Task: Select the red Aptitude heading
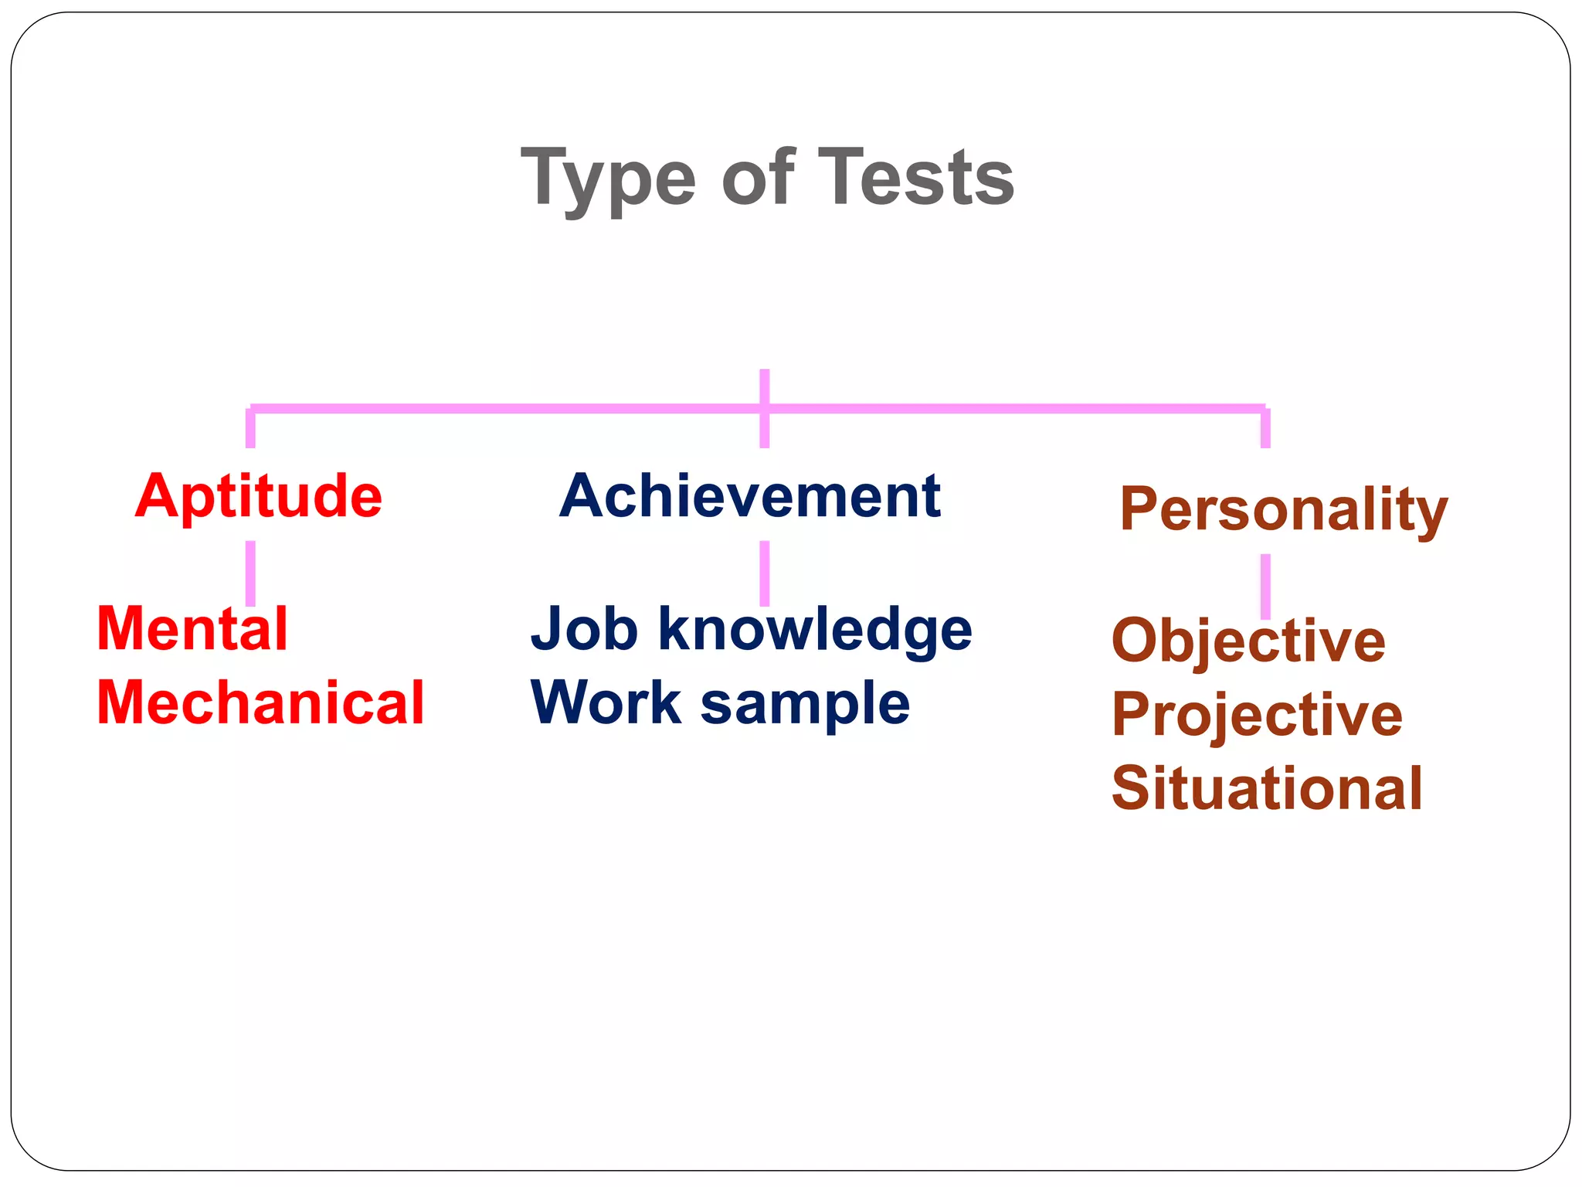(x=259, y=496)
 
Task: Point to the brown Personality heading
(x=1283, y=509)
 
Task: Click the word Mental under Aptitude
(x=192, y=629)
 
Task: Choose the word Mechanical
(x=260, y=702)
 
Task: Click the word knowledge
(x=815, y=629)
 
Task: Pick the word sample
(x=805, y=704)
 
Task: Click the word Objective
(x=1248, y=641)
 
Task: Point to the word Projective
(x=1257, y=715)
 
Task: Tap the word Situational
(x=1267, y=788)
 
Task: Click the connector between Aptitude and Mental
(x=250, y=573)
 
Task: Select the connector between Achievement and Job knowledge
(x=765, y=573)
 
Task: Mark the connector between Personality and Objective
(x=1265, y=586)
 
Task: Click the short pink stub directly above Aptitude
(x=250, y=428)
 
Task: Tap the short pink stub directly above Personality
(x=1265, y=428)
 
